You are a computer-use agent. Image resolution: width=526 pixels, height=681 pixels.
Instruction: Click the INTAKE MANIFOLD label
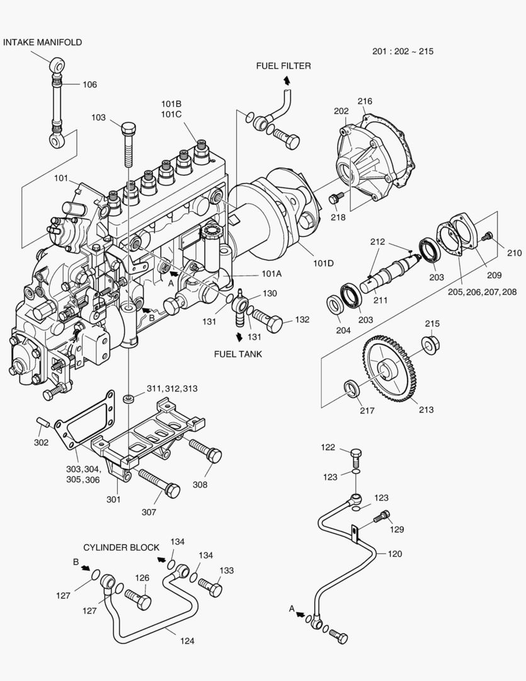[x=42, y=42]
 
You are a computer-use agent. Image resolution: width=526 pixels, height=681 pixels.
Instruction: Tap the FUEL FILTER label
[x=283, y=66]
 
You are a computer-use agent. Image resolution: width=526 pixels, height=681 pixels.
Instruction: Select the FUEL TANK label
[x=237, y=354]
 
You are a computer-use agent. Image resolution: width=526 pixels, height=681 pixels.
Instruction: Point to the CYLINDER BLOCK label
[x=121, y=547]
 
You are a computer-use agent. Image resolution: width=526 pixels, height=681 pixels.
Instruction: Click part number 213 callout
[x=426, y=410]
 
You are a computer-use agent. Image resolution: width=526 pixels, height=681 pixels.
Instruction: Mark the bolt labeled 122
[x=356, y=454]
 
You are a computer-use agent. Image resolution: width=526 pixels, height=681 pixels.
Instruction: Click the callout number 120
[x=394, y=554]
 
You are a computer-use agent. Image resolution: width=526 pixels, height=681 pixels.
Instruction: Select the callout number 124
[x=186, y=641]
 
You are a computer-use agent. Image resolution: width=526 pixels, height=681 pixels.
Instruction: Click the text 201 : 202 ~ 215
[x=403, y=51]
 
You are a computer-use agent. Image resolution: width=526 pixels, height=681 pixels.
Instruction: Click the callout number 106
[x=89, y=84]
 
